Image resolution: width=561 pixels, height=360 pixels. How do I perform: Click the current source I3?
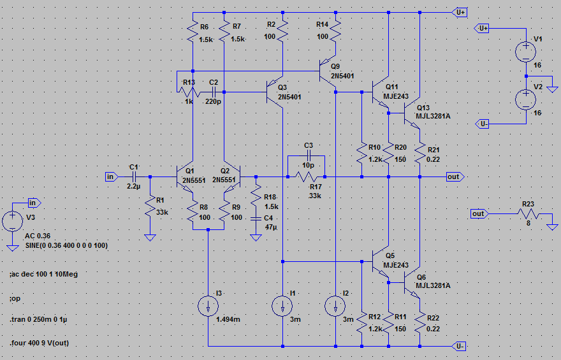(x=208, y=306)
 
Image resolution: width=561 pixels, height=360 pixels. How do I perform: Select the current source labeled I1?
(x=282, y=306)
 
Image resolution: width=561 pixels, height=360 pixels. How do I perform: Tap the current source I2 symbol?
(x=335, y=306)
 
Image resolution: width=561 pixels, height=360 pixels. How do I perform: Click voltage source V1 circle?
(x=525, y=51)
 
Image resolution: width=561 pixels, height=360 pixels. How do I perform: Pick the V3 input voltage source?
(x=13, y=220)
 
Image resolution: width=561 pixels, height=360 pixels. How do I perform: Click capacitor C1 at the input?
(x=134, y=176)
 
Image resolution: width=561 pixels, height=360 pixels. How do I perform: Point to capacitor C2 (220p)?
(x=213, y=92)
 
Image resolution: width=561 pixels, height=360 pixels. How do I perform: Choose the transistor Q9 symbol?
(x=328, y=71)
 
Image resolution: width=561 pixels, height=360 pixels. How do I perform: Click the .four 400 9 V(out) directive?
(x=40, y=343)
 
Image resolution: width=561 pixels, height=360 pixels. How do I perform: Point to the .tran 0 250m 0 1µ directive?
(x=38, y=319)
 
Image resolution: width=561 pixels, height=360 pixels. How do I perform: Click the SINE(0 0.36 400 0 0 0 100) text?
(x=66, y=245)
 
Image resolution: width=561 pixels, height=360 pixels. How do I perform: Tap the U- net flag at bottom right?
(x=459, y=346)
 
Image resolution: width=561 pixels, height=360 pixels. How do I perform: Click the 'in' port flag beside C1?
(x=112, y=176)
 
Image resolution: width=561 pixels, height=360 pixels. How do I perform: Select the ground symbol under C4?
(x=256, y=238)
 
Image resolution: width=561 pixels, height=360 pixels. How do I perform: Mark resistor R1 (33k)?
(x=150, y=207)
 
